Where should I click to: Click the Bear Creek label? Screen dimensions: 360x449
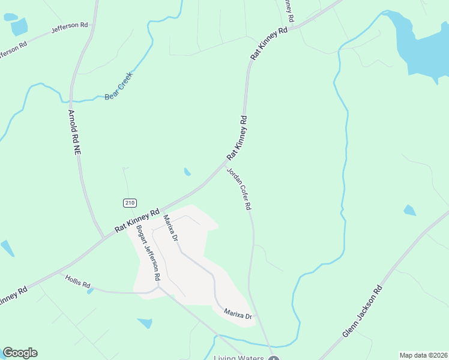click(x=118, y=86)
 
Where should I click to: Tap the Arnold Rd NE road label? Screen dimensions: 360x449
click(x=74, y=134)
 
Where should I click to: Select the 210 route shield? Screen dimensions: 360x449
click(x=130, y=203)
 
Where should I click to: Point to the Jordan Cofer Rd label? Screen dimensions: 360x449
click(x=238, y=188)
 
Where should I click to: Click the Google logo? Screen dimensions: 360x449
click(x=20, y=353)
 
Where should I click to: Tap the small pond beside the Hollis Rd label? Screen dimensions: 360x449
click(x=91, y=291)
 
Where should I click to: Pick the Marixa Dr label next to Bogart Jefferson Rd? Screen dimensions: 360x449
click(x=171, y=229)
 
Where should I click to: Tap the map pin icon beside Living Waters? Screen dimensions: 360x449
click(x=274, y=358)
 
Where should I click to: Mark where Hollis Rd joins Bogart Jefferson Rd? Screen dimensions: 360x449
click(x=157, y=287)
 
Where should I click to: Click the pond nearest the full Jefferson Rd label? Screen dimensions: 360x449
click(x=19, y=27)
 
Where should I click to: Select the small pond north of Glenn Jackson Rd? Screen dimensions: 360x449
click(x=409, y=210)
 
